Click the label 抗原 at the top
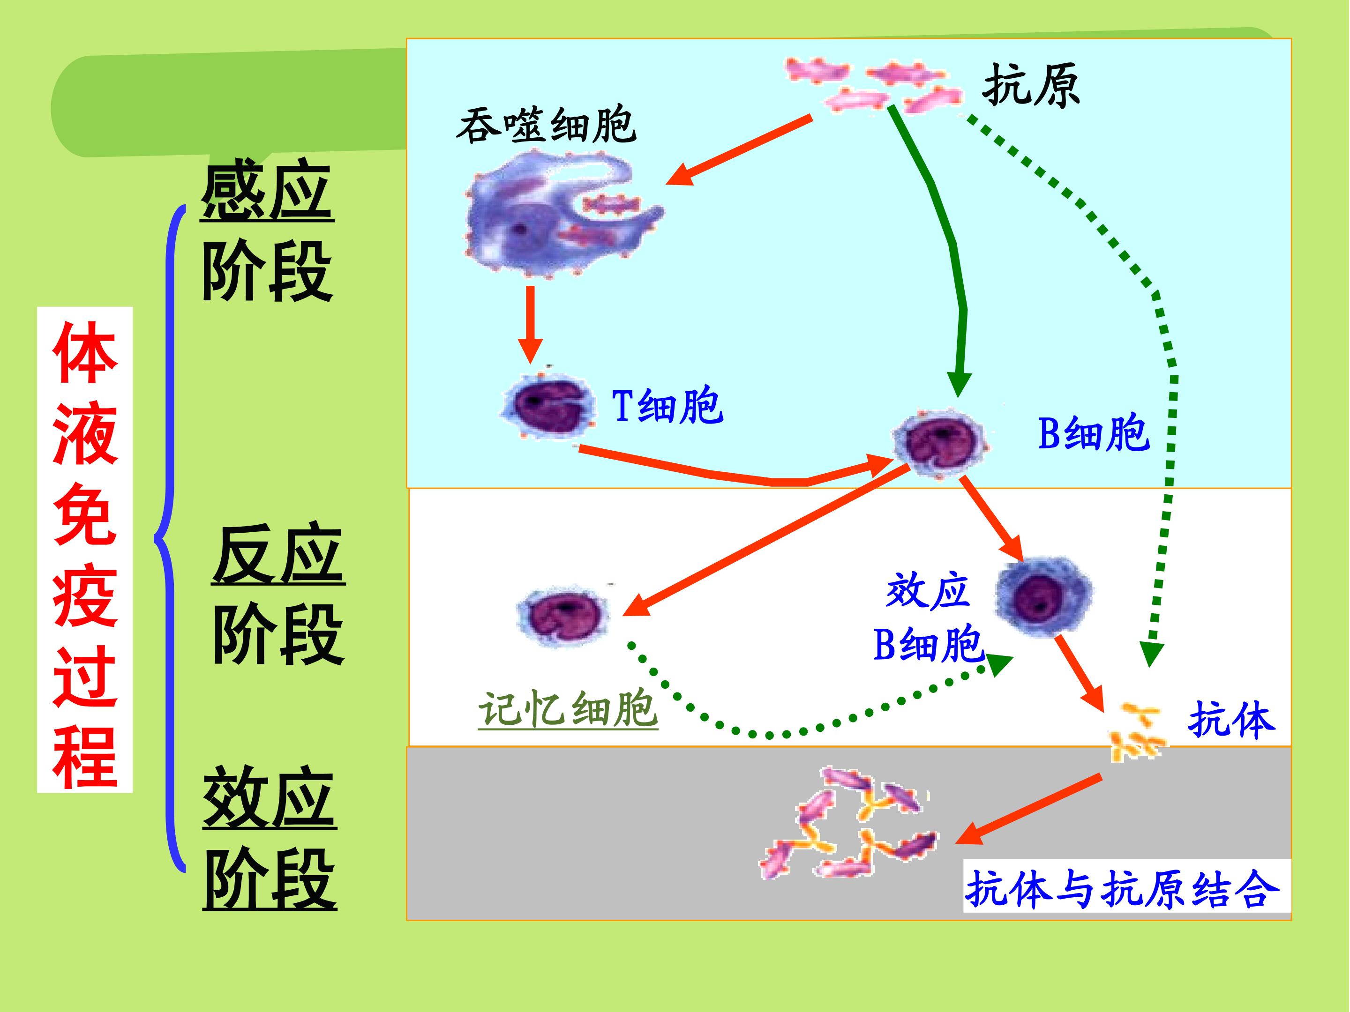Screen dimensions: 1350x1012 coord(1031,86)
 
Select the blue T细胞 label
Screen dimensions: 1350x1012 coord(667,406)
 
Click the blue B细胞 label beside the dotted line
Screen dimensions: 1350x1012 coord(1094,434)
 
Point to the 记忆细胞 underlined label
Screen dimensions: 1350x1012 coord(568,709)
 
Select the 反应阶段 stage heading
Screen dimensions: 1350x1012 coord(277,595)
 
